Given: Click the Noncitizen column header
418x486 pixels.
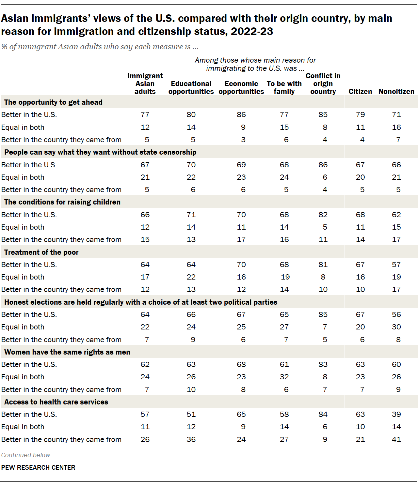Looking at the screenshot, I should click(x=396, y=92).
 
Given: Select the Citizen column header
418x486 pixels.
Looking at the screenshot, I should click(x=360, y=92).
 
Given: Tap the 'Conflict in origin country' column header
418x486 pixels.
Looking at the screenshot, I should click(x=323, y=84).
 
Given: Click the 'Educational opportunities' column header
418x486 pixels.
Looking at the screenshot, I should click(x=191, y=88).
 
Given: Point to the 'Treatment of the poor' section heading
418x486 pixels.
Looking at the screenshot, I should click(x=41, y=252).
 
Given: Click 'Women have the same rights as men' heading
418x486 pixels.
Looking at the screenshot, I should click(x=67, y=352).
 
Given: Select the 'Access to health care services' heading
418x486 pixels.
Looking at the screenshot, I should click(x=56, y=402).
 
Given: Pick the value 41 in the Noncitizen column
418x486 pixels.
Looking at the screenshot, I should click(x=396, y=439).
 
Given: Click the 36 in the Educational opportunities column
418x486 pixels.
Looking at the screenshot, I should click(x=191, y=439).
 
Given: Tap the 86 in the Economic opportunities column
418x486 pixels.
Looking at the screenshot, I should click(x=241, y=114).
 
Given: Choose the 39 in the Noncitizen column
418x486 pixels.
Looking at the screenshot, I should click(x=396, y=414).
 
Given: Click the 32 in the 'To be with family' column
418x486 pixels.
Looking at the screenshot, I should click(x=284, y=377).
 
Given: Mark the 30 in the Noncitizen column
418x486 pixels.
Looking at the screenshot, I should click(x=396, y=327).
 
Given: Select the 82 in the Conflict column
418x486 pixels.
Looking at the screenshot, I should click(x=323, y=215).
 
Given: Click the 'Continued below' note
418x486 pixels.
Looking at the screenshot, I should click(x=26, y=455).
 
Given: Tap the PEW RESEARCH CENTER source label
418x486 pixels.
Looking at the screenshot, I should click(x=38, y=467).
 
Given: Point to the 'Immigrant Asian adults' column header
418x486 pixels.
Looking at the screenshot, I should click(x=145, y=84).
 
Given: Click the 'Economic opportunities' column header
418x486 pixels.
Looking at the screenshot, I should click(x=241, y=88).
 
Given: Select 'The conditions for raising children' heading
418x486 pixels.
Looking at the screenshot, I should click(x=62, y=202).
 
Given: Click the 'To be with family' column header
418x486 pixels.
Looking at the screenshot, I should click(x=284, y=88).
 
